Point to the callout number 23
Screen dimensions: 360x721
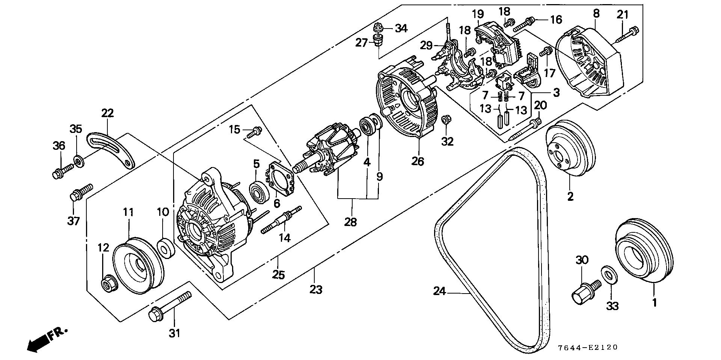[316, 289]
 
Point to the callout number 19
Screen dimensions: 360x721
[478, 15]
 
